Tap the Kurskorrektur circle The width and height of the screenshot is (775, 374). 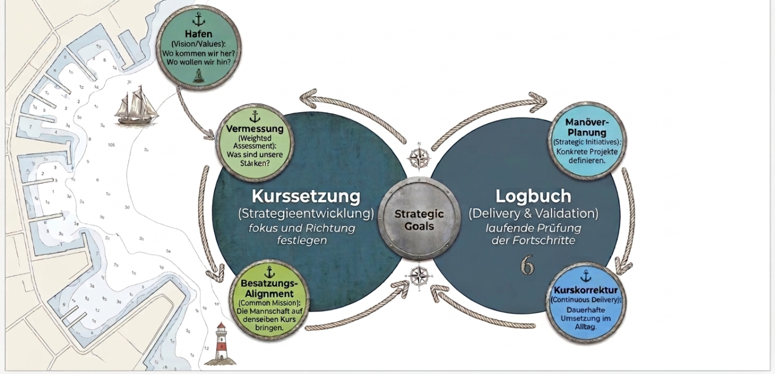(586, 302)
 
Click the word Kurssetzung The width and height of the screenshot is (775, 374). (306, 196)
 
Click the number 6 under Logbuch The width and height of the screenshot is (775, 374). (528, 265)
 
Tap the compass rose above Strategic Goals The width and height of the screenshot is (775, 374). (419, 156)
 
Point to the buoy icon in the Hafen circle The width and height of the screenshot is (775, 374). (198, 75)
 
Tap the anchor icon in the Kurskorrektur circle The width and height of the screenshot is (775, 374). (586, 277)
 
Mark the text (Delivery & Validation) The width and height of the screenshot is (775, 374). (533, 214)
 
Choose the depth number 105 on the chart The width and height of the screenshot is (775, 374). (111, 145)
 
